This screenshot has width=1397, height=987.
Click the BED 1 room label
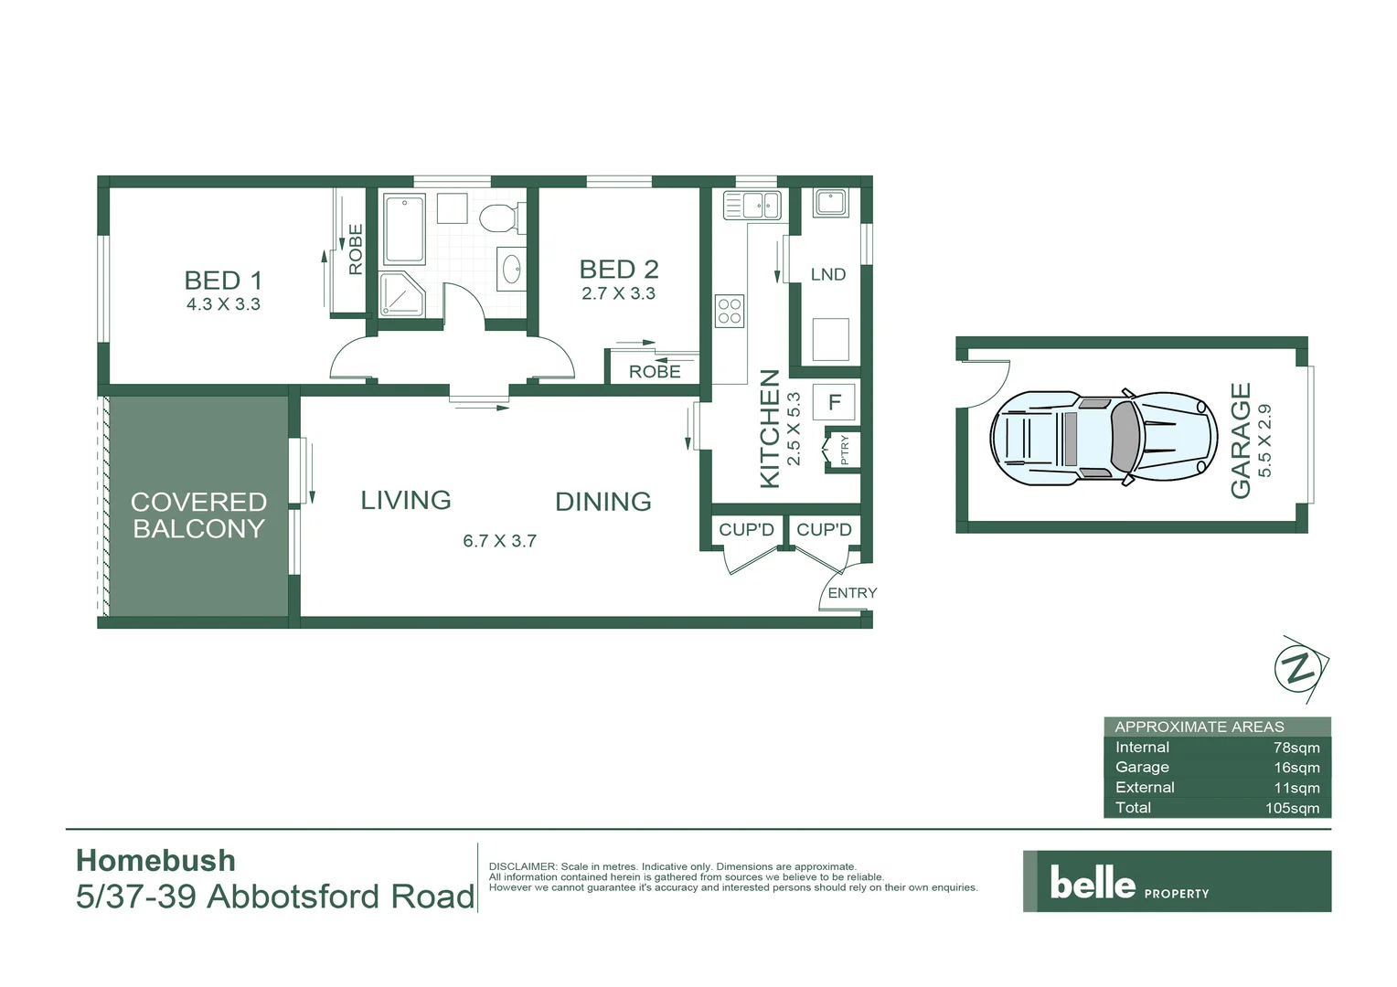pyautogui.click(x=223, y=280)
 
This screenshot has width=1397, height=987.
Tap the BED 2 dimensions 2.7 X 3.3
pyautogui.click(x=618, y=294)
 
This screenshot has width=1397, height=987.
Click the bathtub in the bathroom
pyautogui.click(x=403, y=228)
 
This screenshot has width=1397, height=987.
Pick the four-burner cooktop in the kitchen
pyautogui.click(x=730, y=311)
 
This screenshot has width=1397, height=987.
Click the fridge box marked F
pyautogui.click(x=834, y=402)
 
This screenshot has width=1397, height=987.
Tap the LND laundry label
pyautogui.click(x=827, y=274)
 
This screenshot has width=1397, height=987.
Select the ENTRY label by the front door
pyautogui.click(x=851, y=593)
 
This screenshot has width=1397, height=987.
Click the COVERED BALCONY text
pyautogui.click(x=198, y=515)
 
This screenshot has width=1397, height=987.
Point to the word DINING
pyautogui.click(x=603, y=502)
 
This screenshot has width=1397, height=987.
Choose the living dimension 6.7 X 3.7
pyautogui.click(x=499, y=541)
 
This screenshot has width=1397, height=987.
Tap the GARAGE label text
pyautogui.click(x=1241, y=440)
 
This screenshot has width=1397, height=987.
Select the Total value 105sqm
pyautogui.click(x=1292, y=808)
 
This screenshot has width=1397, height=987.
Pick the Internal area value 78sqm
pyautogui.click(x=1296, y=748)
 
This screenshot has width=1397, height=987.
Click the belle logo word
pyautogui.click(x=1093, y=882)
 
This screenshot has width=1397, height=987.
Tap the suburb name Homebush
pyautogui.click(x=155, y=861)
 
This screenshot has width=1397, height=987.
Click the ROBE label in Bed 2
pyautogui.click(x=655, y=372)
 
